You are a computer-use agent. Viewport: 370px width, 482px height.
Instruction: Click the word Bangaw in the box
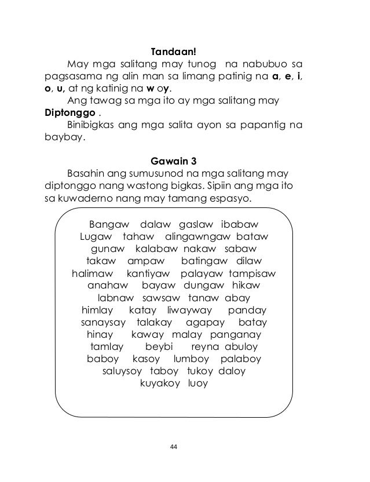(x=108, y=224)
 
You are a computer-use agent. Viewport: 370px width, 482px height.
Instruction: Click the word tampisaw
(x=252, y=273)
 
